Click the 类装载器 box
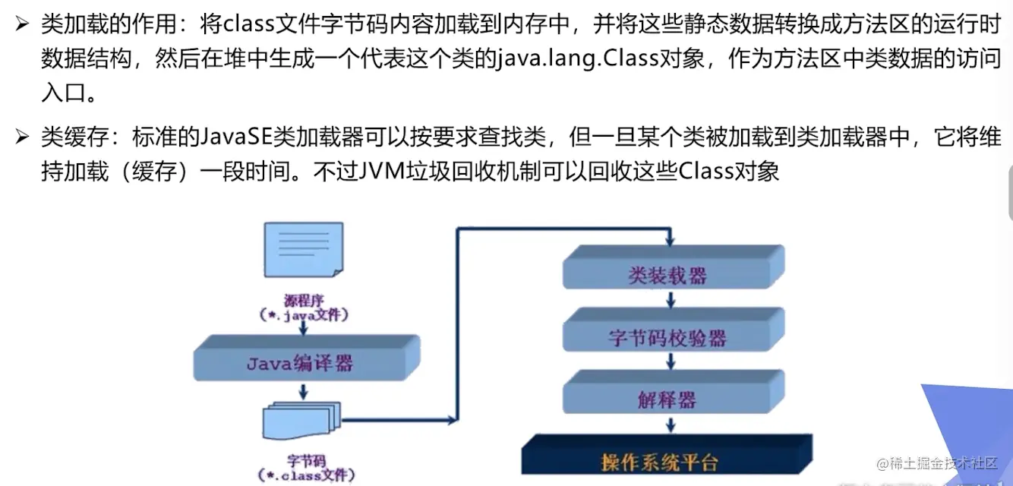[667, 275]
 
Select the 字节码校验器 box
[667, 337]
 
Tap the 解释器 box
[667, 399]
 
